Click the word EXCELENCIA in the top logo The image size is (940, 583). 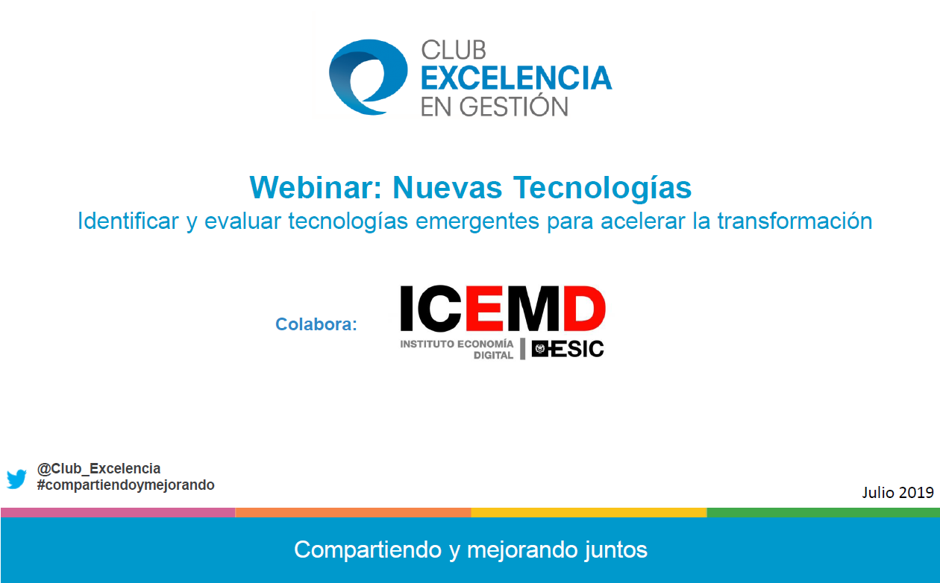[x=516, y=78]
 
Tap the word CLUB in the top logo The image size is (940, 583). [x=454, y=50]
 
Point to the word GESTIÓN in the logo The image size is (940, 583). [x=513, y=105]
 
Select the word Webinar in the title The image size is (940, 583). [x=316, y=187]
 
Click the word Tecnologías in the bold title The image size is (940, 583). [x=602, y=188]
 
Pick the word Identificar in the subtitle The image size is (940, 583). [x=128, y=221]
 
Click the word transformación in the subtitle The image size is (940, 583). [x=795, y=221]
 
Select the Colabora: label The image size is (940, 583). [x=316, y=324]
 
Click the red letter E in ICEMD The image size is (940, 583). [x=484, y=309]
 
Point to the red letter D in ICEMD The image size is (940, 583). [x=584, y=309]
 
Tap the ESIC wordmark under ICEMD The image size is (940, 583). [x=568, y=349]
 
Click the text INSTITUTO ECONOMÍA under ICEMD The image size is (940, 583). [x=457, y=344]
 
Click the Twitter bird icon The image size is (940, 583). [x=16, y=479]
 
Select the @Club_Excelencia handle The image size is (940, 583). [x=98, y=468]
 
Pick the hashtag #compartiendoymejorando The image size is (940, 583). [x=125, y=485]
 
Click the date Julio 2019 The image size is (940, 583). [x=897, y=492]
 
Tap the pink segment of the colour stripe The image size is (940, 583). [x=118, y=512]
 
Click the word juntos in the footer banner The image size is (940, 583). [x=615, y=550]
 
